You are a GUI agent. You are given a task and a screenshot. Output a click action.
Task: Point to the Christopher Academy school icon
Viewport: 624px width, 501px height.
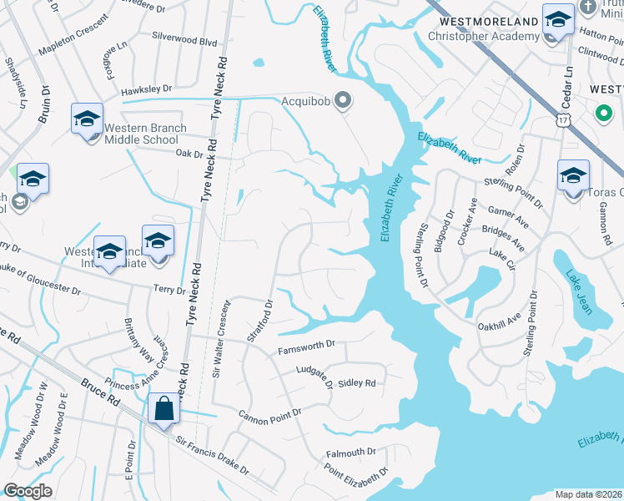pos(557,18)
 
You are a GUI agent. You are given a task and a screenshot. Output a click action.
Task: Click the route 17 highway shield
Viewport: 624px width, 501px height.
pos(564,122)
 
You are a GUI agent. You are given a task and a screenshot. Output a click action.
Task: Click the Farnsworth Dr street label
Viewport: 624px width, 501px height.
pos(306,343)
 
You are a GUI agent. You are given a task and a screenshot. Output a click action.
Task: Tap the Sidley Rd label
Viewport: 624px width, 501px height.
pos(357,383)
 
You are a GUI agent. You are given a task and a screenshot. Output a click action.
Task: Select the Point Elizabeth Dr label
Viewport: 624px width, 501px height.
pos(357,473)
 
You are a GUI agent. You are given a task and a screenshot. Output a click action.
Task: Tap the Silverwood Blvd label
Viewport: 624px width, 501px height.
pos(184,39)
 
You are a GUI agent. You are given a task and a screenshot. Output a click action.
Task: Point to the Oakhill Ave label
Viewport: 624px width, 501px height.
pos(499,322)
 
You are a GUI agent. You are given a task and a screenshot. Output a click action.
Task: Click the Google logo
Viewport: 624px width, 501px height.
pos(28,491)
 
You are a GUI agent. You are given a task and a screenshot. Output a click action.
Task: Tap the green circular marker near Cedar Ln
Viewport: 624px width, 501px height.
pos(602,113)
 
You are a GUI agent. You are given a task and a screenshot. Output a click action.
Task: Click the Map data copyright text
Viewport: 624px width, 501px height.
pos(588,494)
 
